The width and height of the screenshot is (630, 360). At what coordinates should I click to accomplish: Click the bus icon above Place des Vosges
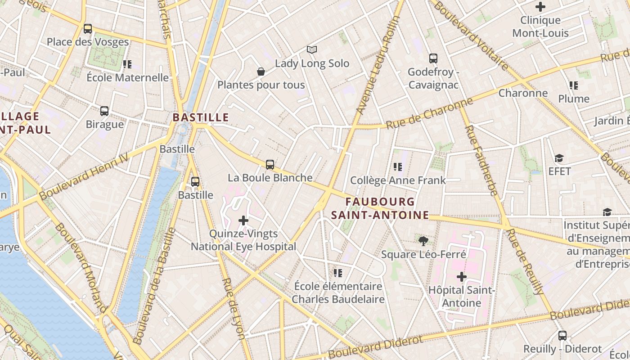coord(88,29)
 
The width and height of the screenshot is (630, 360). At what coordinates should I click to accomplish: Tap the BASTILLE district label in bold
coord(201,117)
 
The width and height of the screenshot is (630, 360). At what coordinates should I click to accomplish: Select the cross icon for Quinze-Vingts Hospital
coord(243,220)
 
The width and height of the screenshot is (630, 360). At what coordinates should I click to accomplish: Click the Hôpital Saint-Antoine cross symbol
coord(462,277)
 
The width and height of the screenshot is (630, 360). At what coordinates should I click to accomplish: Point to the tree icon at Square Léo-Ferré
coord(423,241)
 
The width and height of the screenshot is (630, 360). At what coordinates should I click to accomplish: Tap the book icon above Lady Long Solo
coord(312,49)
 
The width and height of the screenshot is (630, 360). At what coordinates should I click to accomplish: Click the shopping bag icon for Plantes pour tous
coord(261,72)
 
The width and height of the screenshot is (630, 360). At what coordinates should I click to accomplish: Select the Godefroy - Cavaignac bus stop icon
coord(433,58)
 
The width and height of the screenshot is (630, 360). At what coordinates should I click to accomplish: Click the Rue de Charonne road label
coord(430,114)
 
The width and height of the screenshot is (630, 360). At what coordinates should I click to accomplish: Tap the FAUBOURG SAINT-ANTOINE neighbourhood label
coord(380,208)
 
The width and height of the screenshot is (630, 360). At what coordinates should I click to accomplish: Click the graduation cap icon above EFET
coord(559,158)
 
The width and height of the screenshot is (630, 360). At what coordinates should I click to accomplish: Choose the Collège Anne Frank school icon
coord(398,167)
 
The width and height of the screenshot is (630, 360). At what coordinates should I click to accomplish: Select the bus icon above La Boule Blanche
coord(270,165)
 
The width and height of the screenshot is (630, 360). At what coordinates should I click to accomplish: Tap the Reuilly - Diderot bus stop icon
coord(562,335)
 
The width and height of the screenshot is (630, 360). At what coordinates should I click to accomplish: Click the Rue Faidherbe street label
coord(481,160)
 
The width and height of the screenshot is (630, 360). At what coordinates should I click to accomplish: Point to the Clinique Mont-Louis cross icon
coord(540,7)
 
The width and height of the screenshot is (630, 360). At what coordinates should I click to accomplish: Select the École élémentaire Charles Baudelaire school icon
coord(338,273)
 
